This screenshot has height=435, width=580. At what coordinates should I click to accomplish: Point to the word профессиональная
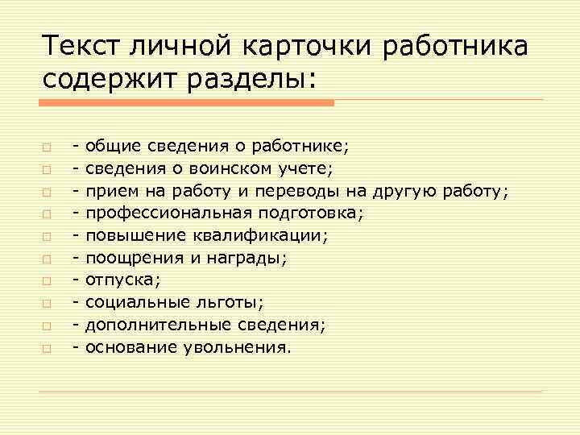[x=170, y=213]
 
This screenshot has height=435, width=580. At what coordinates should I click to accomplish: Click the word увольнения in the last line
[x=238, y=348]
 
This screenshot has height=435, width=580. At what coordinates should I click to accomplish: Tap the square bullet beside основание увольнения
[x=48, y=350]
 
